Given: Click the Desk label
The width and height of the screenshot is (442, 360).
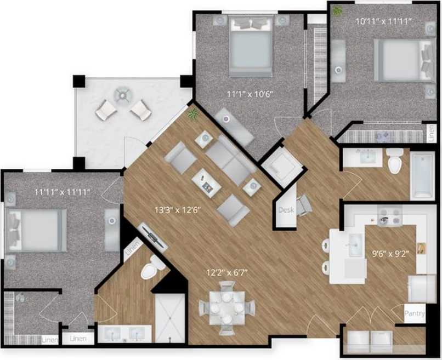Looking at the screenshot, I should pos(286,210).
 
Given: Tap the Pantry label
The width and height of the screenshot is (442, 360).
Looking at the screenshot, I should pos(415,314).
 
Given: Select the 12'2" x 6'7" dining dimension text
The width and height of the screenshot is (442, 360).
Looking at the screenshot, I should pos(224,270).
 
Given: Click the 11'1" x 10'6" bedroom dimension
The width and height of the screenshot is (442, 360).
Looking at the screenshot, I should pos(250,94).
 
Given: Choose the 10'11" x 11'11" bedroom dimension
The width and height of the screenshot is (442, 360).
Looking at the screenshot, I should pos(384,22).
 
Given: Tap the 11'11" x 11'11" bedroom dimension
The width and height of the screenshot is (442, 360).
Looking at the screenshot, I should pos(62,192).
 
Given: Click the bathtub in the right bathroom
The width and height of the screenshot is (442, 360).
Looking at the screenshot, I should pos(422,175).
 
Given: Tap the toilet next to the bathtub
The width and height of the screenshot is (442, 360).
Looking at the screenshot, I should pos(394,160).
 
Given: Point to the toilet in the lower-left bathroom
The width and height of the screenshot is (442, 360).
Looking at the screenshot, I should pos(151,268).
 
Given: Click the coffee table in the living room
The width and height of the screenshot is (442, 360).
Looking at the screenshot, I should pos(207,181).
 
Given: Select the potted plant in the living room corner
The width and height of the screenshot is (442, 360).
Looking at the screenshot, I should pos(193,114).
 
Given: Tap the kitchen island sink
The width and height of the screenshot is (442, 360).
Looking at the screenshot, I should pos(354,241).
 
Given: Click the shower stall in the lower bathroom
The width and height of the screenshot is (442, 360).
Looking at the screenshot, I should pos(169,318).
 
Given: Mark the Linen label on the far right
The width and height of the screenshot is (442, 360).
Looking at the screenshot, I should pos(432,133).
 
